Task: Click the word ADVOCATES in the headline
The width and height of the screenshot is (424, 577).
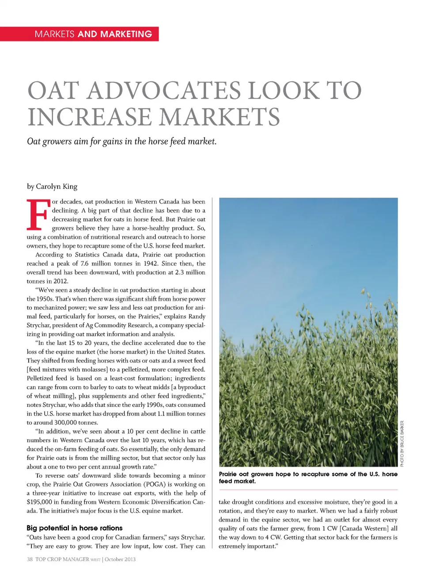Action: coord(164,91)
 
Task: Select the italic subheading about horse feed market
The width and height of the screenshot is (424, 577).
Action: coord(121,141)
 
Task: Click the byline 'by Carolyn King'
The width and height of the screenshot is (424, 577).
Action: coord(52,187)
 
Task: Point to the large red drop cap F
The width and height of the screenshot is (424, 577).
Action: coord(38,215)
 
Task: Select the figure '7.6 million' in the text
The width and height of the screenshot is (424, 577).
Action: coord(98,264)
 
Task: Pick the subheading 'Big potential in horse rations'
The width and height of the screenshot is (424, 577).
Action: coord(75,528)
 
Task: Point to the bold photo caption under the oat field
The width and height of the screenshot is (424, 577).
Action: coord(308,478)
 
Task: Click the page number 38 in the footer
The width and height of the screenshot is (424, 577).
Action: coord(30,559)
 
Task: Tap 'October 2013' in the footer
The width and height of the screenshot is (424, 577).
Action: coord(120,559)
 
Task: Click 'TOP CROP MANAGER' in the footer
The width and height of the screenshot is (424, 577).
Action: coord(62,559)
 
